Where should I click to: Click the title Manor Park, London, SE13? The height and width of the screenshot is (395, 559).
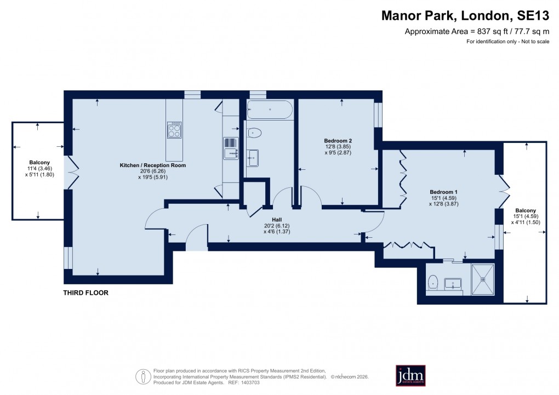[x=465, y=16]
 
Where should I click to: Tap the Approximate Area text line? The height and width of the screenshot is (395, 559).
[x=477, y=32]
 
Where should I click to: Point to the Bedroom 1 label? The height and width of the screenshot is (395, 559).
[x=443, y=192]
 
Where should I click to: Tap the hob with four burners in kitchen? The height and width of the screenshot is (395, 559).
[x=174, y=130]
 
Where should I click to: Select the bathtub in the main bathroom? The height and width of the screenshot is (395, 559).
[x=270, y=110]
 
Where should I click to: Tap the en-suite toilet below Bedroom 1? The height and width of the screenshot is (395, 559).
[x=432, y=282]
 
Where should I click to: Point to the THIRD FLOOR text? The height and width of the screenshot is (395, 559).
[x=85, y=293]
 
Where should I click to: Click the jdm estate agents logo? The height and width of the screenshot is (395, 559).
[x=410, y=375]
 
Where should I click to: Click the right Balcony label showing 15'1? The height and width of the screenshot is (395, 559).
[x=525, y=210]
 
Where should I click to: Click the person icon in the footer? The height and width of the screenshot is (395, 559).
[x=144, y=376]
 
